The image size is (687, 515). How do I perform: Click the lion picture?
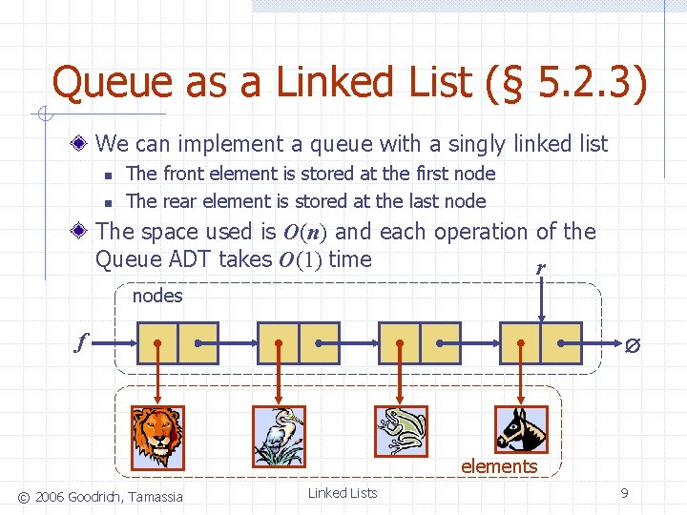(x=157, y=438)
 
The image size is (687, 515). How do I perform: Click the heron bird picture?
(x=279, y=438)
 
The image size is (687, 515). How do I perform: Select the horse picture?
(x=521, y=429)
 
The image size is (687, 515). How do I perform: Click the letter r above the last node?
(x=541, y=269)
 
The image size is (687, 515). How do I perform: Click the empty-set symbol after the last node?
(x=633, y=344)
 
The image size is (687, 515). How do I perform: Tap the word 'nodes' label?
(x=157, y=296)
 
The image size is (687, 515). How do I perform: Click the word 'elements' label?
(x=499, y=466)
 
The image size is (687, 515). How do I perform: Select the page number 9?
(x=624, y=493)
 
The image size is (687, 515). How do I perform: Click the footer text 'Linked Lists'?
(x=343, y=493)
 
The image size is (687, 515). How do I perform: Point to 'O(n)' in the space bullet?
(x=305, y=232)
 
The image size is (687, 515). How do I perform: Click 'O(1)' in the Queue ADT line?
(x=302, y=258)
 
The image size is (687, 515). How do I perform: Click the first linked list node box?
(x=177, y=343)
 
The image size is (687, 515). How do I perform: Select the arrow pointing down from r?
(x=541, y=303)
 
